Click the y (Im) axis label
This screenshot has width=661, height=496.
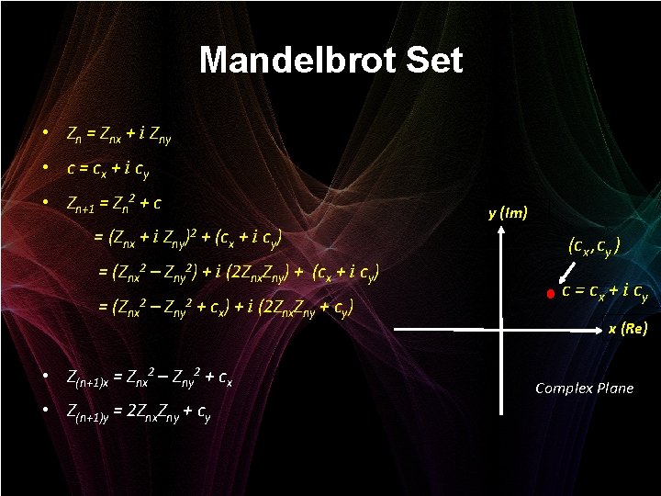508,213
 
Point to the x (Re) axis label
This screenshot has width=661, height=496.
627,329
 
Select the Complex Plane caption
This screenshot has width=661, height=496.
584,389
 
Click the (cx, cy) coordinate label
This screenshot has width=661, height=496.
594,246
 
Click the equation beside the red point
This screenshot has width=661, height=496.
605,293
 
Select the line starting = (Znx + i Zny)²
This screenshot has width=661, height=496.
189,239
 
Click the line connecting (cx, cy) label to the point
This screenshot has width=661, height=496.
568,270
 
